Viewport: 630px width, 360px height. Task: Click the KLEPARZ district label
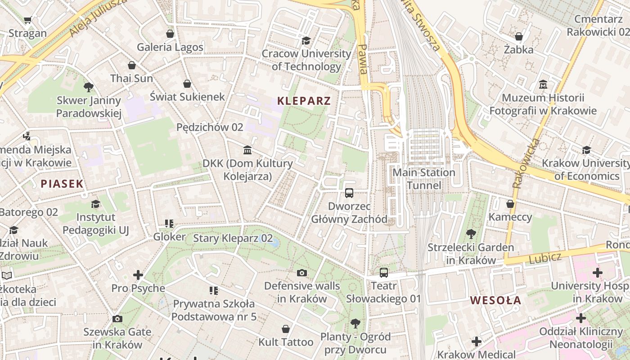pyautogui.click(x=304, y=101)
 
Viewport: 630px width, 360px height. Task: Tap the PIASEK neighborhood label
pyautogui.click(x=62, y=184)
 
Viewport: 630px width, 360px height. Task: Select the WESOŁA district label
pyautogui.click(x=496, y=301)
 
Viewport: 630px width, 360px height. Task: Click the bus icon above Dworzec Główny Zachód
pyautogui.click(x=349, y=193)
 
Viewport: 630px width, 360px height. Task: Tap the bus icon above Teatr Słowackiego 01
pyautogui.click(x=383, y=272)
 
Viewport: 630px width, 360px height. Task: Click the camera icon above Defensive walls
pyautogui.click(x=302, y=273)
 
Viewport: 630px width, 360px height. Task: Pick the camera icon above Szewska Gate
pyautogui.click(x=117, y=319)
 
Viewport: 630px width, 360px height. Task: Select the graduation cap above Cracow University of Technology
pyautogui.click(x=306, y=40)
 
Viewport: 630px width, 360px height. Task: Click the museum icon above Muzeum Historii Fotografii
pyautogui.click(x=543, y=85)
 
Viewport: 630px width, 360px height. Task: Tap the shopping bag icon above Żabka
pyautogui.click(x=519, y=36)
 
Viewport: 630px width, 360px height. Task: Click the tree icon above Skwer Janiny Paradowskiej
pyautogui.click(x=89, y=87)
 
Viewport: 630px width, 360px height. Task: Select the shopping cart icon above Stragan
pyautogui.click(x=27, y=20)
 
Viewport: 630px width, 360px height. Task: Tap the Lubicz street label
pyautogui.click(x=545, y=258)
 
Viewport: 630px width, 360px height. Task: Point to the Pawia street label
pyautogui.click(x=363, y=58)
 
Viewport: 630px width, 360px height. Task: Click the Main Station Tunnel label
pyautogui.click(x=424, y=179)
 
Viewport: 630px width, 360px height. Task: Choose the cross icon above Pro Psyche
pyautogui.click(x=138, y=274)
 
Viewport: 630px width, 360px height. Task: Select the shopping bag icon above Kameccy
pyautogui.click(x=510, y=204)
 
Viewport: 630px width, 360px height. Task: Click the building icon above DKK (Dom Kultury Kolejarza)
pyautogui.click(x=247, y=150)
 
